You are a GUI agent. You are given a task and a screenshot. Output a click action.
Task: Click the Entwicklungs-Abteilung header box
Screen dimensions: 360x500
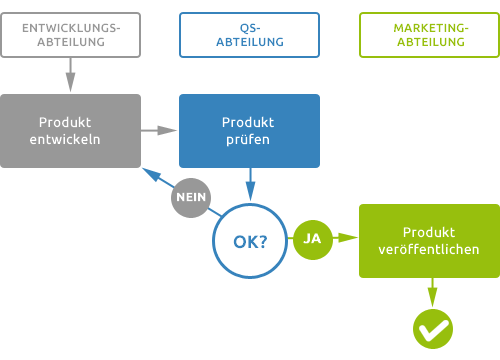tap(70, 35)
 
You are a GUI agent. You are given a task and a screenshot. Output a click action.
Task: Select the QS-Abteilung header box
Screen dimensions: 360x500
tap(250, 35)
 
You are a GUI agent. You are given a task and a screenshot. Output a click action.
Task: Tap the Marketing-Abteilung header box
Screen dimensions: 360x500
tap(429, 35)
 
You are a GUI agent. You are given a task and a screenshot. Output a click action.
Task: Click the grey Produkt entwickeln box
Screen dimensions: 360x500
tap(70, 130)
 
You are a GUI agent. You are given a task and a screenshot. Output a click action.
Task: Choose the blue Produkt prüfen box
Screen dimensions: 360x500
tap(250, 130)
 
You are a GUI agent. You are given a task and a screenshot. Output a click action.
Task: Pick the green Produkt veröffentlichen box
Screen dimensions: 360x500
tap(429, 240)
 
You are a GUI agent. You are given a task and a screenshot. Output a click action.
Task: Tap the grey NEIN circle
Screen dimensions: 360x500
tap(191, 197)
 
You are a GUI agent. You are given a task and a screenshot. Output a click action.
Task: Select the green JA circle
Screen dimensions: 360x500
tap(312, 239)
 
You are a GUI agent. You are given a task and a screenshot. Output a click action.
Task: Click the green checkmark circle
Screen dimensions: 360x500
tap(433, 326)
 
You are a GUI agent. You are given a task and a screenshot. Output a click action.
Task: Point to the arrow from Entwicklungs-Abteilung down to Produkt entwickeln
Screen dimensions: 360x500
tap(70, 75)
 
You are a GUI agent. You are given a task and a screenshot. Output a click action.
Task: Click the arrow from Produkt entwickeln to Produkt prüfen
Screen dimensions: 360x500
tap(159, 130)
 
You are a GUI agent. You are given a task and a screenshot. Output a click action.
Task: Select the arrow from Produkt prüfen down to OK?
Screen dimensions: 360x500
tap(250, 186)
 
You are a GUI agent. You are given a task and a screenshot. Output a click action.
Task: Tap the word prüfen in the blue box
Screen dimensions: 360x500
tap(250, 140)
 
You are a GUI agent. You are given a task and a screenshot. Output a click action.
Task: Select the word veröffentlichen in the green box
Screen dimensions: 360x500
tap(429, 249)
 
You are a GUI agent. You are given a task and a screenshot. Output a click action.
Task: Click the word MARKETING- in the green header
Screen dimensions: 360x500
tap(429, 27)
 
